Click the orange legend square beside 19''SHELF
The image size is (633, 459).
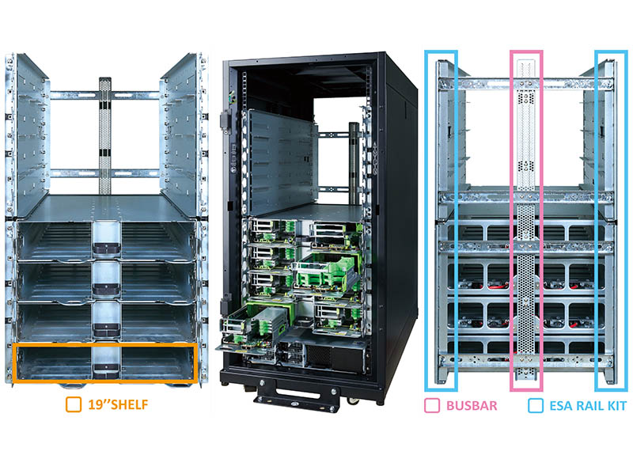click(74, 404)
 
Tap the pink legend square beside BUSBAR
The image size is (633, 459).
click(432, 406)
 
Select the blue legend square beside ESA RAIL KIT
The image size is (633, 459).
click(536, 406)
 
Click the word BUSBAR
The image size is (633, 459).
click(472, 406)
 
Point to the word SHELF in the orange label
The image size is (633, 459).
click(129, 404)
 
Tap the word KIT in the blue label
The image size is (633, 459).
click(617, 406)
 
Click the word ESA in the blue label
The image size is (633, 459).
click(562, 406)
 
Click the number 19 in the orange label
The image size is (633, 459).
click(95, 404)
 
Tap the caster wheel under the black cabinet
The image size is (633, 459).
click(352, 400)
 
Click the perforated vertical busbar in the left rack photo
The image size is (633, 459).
click(104, 135)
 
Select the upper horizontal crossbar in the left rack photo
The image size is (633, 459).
click(104, 95)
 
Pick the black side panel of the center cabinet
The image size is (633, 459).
click(401, 226)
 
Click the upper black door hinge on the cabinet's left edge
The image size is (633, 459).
click(225, 120)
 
